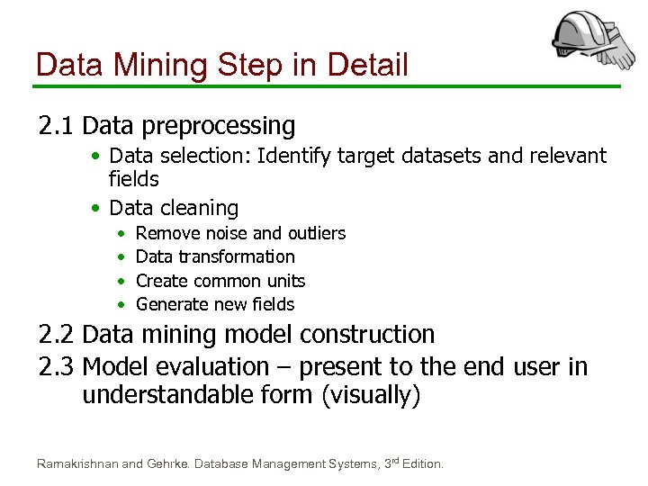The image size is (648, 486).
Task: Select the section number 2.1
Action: (59, 125)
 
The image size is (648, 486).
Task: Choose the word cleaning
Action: (202, 208)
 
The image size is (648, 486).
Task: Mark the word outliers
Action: (316, 233)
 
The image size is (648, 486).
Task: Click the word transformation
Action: (237, 257)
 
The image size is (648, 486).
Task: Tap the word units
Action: (284, 281)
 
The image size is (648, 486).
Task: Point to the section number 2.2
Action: (59, 335)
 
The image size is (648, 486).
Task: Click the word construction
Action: (367, 335)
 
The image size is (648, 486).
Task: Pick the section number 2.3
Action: (59, 366)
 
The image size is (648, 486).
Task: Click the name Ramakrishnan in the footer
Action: (76, 463)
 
